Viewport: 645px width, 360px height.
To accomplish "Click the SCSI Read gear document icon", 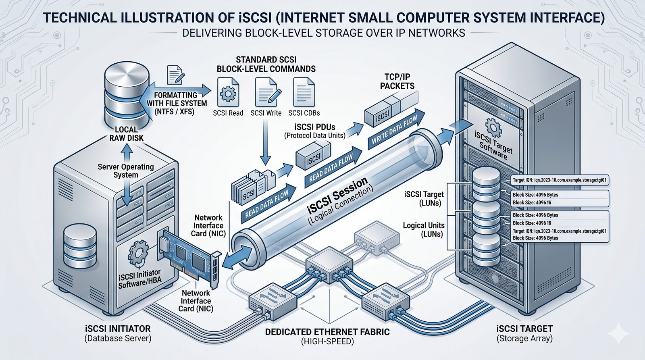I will click(228, 93).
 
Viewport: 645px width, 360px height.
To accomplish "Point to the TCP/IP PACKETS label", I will click(397, 81).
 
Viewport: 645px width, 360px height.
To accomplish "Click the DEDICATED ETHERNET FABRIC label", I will click(327, 332).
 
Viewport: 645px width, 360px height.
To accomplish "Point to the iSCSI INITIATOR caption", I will click(118, 329).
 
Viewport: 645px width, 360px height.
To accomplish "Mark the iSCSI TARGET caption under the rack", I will click(524, 329).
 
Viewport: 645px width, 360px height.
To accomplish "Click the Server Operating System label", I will click(126, 171).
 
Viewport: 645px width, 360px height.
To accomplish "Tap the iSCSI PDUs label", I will click(314, 127).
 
